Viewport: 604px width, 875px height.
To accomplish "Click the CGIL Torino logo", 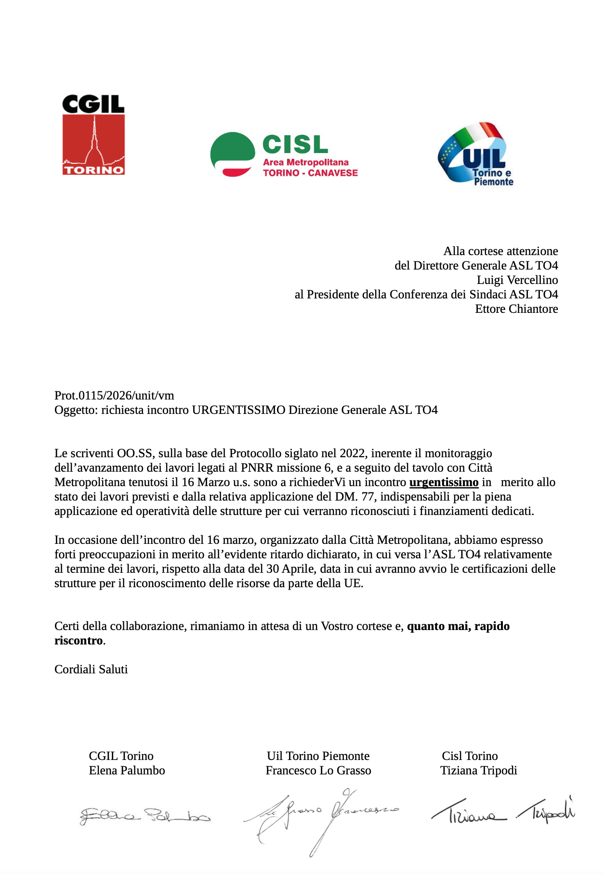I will point(93,135).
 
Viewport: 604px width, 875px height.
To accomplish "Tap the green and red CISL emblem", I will point(233,154).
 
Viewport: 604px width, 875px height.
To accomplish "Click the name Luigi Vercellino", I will point(517,280).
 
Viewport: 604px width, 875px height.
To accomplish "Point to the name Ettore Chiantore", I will point(516,309).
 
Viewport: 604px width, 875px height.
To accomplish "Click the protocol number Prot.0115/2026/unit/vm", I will point(114,396).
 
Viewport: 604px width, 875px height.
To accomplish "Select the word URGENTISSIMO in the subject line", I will point(238,410).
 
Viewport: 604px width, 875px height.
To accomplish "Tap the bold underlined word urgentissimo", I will point(444,482).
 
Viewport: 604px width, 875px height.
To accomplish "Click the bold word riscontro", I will point(79,641).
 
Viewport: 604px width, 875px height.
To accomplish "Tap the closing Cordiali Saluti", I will point(91,669).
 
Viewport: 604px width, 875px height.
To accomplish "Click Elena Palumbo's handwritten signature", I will point(144,815).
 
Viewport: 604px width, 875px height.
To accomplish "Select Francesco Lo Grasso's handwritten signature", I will point(320,817).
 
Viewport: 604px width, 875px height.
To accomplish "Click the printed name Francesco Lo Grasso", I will point(318,771).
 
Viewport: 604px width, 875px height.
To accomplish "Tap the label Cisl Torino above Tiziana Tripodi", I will point(470,756).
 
